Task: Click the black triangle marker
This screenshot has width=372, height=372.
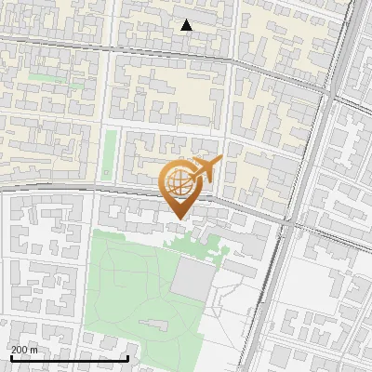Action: click(186, 25)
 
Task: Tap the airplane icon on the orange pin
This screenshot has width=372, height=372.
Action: click(206, 169)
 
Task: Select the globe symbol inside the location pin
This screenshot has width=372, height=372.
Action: click(176, 183)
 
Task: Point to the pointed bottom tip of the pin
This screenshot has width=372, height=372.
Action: click(177, 219)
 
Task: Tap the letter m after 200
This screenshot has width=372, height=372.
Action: click(34, 351)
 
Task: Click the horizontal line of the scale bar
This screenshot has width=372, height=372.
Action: click(69, 358)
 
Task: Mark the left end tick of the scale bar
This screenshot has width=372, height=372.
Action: click(11, 356)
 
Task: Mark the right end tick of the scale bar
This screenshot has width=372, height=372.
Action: click(127, 356)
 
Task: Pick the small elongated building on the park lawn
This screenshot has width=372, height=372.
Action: click(154, 324)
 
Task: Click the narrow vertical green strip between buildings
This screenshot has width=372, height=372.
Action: click(110, 153)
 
